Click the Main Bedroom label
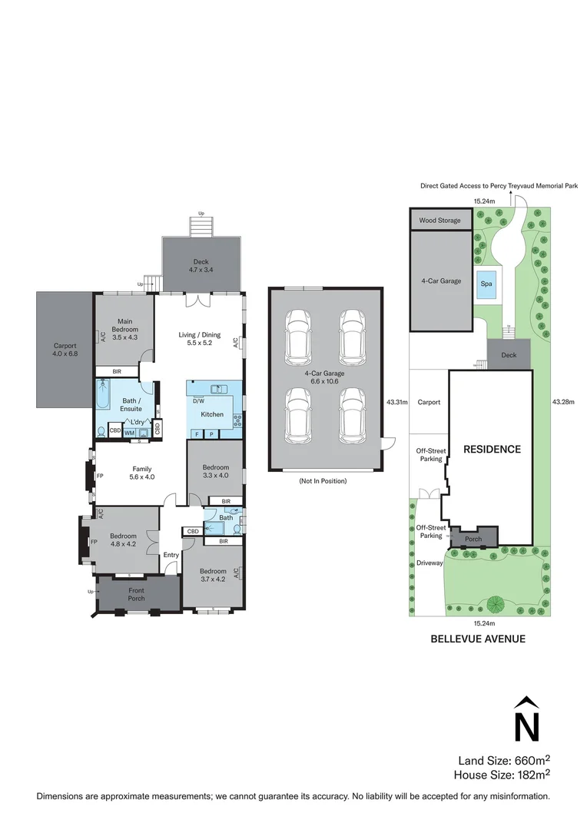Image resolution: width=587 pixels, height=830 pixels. coord(124,329)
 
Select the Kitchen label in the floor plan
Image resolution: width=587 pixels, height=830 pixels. coord(212,414)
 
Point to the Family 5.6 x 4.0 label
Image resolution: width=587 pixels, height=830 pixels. coord(142,473)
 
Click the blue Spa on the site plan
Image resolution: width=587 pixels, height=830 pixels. coord(486,283)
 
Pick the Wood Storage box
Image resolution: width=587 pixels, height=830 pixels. coord(440,221)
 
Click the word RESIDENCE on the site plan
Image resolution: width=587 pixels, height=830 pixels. coord(491,449)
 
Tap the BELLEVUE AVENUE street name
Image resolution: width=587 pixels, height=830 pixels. coord(478,638)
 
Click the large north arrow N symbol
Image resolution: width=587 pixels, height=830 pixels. coord(526,721)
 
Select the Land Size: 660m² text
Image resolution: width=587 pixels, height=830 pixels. coord(504,760)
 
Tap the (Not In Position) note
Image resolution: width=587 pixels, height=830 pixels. coord(324,481)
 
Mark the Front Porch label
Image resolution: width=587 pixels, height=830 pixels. coord(136,595)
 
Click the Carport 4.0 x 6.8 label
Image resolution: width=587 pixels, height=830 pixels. coord(65,350)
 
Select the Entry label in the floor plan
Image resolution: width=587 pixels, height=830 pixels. coord(171,555)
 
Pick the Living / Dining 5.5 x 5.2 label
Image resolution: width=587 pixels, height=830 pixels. coord(200,339)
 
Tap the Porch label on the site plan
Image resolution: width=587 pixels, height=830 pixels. coord(473,539)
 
